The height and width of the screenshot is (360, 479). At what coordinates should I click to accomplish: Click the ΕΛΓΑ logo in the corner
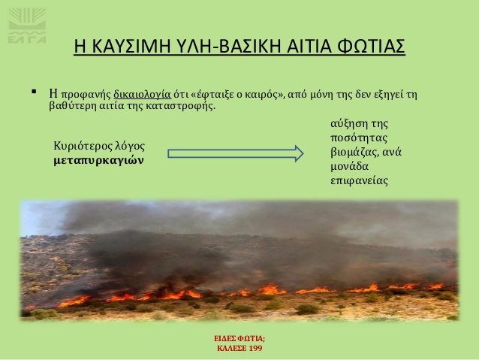pos(27,26)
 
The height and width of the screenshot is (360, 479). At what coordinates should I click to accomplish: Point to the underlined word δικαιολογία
pos(142,95)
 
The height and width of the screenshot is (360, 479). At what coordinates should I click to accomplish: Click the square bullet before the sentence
pos(34,92)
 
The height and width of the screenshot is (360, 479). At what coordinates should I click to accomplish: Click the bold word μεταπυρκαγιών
pos(98,161)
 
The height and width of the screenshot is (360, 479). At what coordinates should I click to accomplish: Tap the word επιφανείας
pos(359,180)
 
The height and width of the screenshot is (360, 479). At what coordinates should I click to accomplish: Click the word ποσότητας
pos(359,138)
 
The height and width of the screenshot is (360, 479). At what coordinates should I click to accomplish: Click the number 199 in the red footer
pos(256,349)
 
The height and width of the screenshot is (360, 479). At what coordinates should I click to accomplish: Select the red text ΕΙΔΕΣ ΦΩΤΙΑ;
pos(239,339)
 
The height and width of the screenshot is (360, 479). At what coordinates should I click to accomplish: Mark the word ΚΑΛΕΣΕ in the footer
pos(231,349)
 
